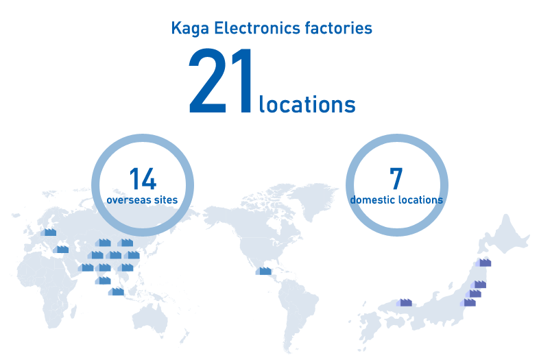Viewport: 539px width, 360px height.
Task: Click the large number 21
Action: tap(220, 82)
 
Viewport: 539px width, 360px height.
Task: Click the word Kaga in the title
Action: tap(190, 29)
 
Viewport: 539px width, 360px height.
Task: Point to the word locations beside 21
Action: tap(307, 104)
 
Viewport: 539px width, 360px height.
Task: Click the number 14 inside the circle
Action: tap(143, 179)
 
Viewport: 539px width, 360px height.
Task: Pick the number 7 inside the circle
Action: tap(396, 178)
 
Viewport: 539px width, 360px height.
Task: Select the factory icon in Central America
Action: tap(263, 271)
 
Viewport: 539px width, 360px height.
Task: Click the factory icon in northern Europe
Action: tap(49, 232)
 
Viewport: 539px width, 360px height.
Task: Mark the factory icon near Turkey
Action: tap(61, 249)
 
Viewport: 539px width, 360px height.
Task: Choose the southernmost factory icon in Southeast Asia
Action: tap(116, 291)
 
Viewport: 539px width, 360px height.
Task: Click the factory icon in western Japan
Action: tap(405, 302)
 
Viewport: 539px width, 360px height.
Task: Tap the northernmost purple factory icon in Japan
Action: tap(483, 262)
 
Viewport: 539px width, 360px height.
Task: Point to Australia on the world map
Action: tap(151, 319)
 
